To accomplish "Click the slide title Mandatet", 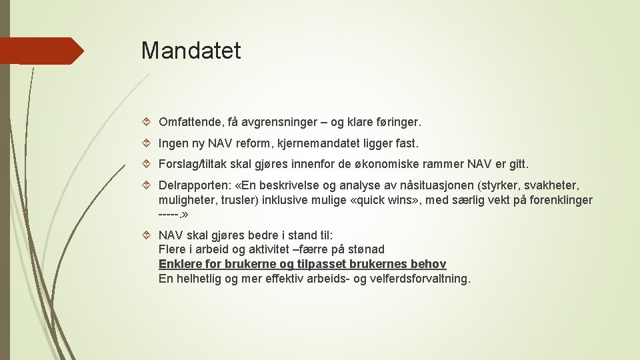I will pos(191,51).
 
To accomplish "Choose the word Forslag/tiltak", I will pos(192,164).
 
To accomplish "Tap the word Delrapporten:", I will pos(194,185).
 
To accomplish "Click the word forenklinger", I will pos(559,200).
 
